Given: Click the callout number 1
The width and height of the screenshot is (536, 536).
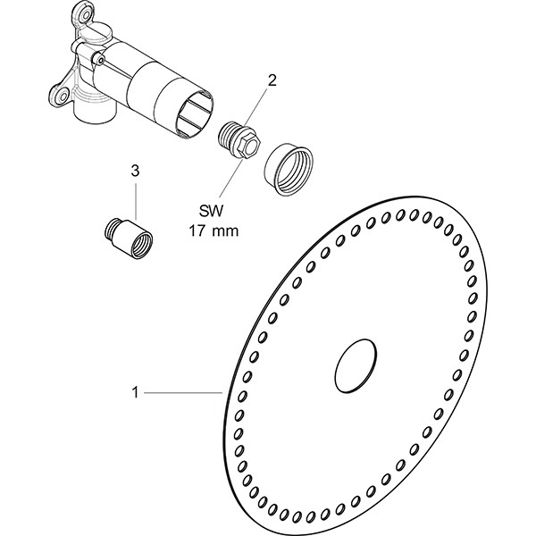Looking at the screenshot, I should [135, 390].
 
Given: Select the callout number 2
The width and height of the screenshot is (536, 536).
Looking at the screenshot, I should [272, 80].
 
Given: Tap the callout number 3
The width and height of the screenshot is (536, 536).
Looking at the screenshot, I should [135, 169].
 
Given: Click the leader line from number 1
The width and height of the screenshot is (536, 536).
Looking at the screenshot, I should [183, 390].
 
